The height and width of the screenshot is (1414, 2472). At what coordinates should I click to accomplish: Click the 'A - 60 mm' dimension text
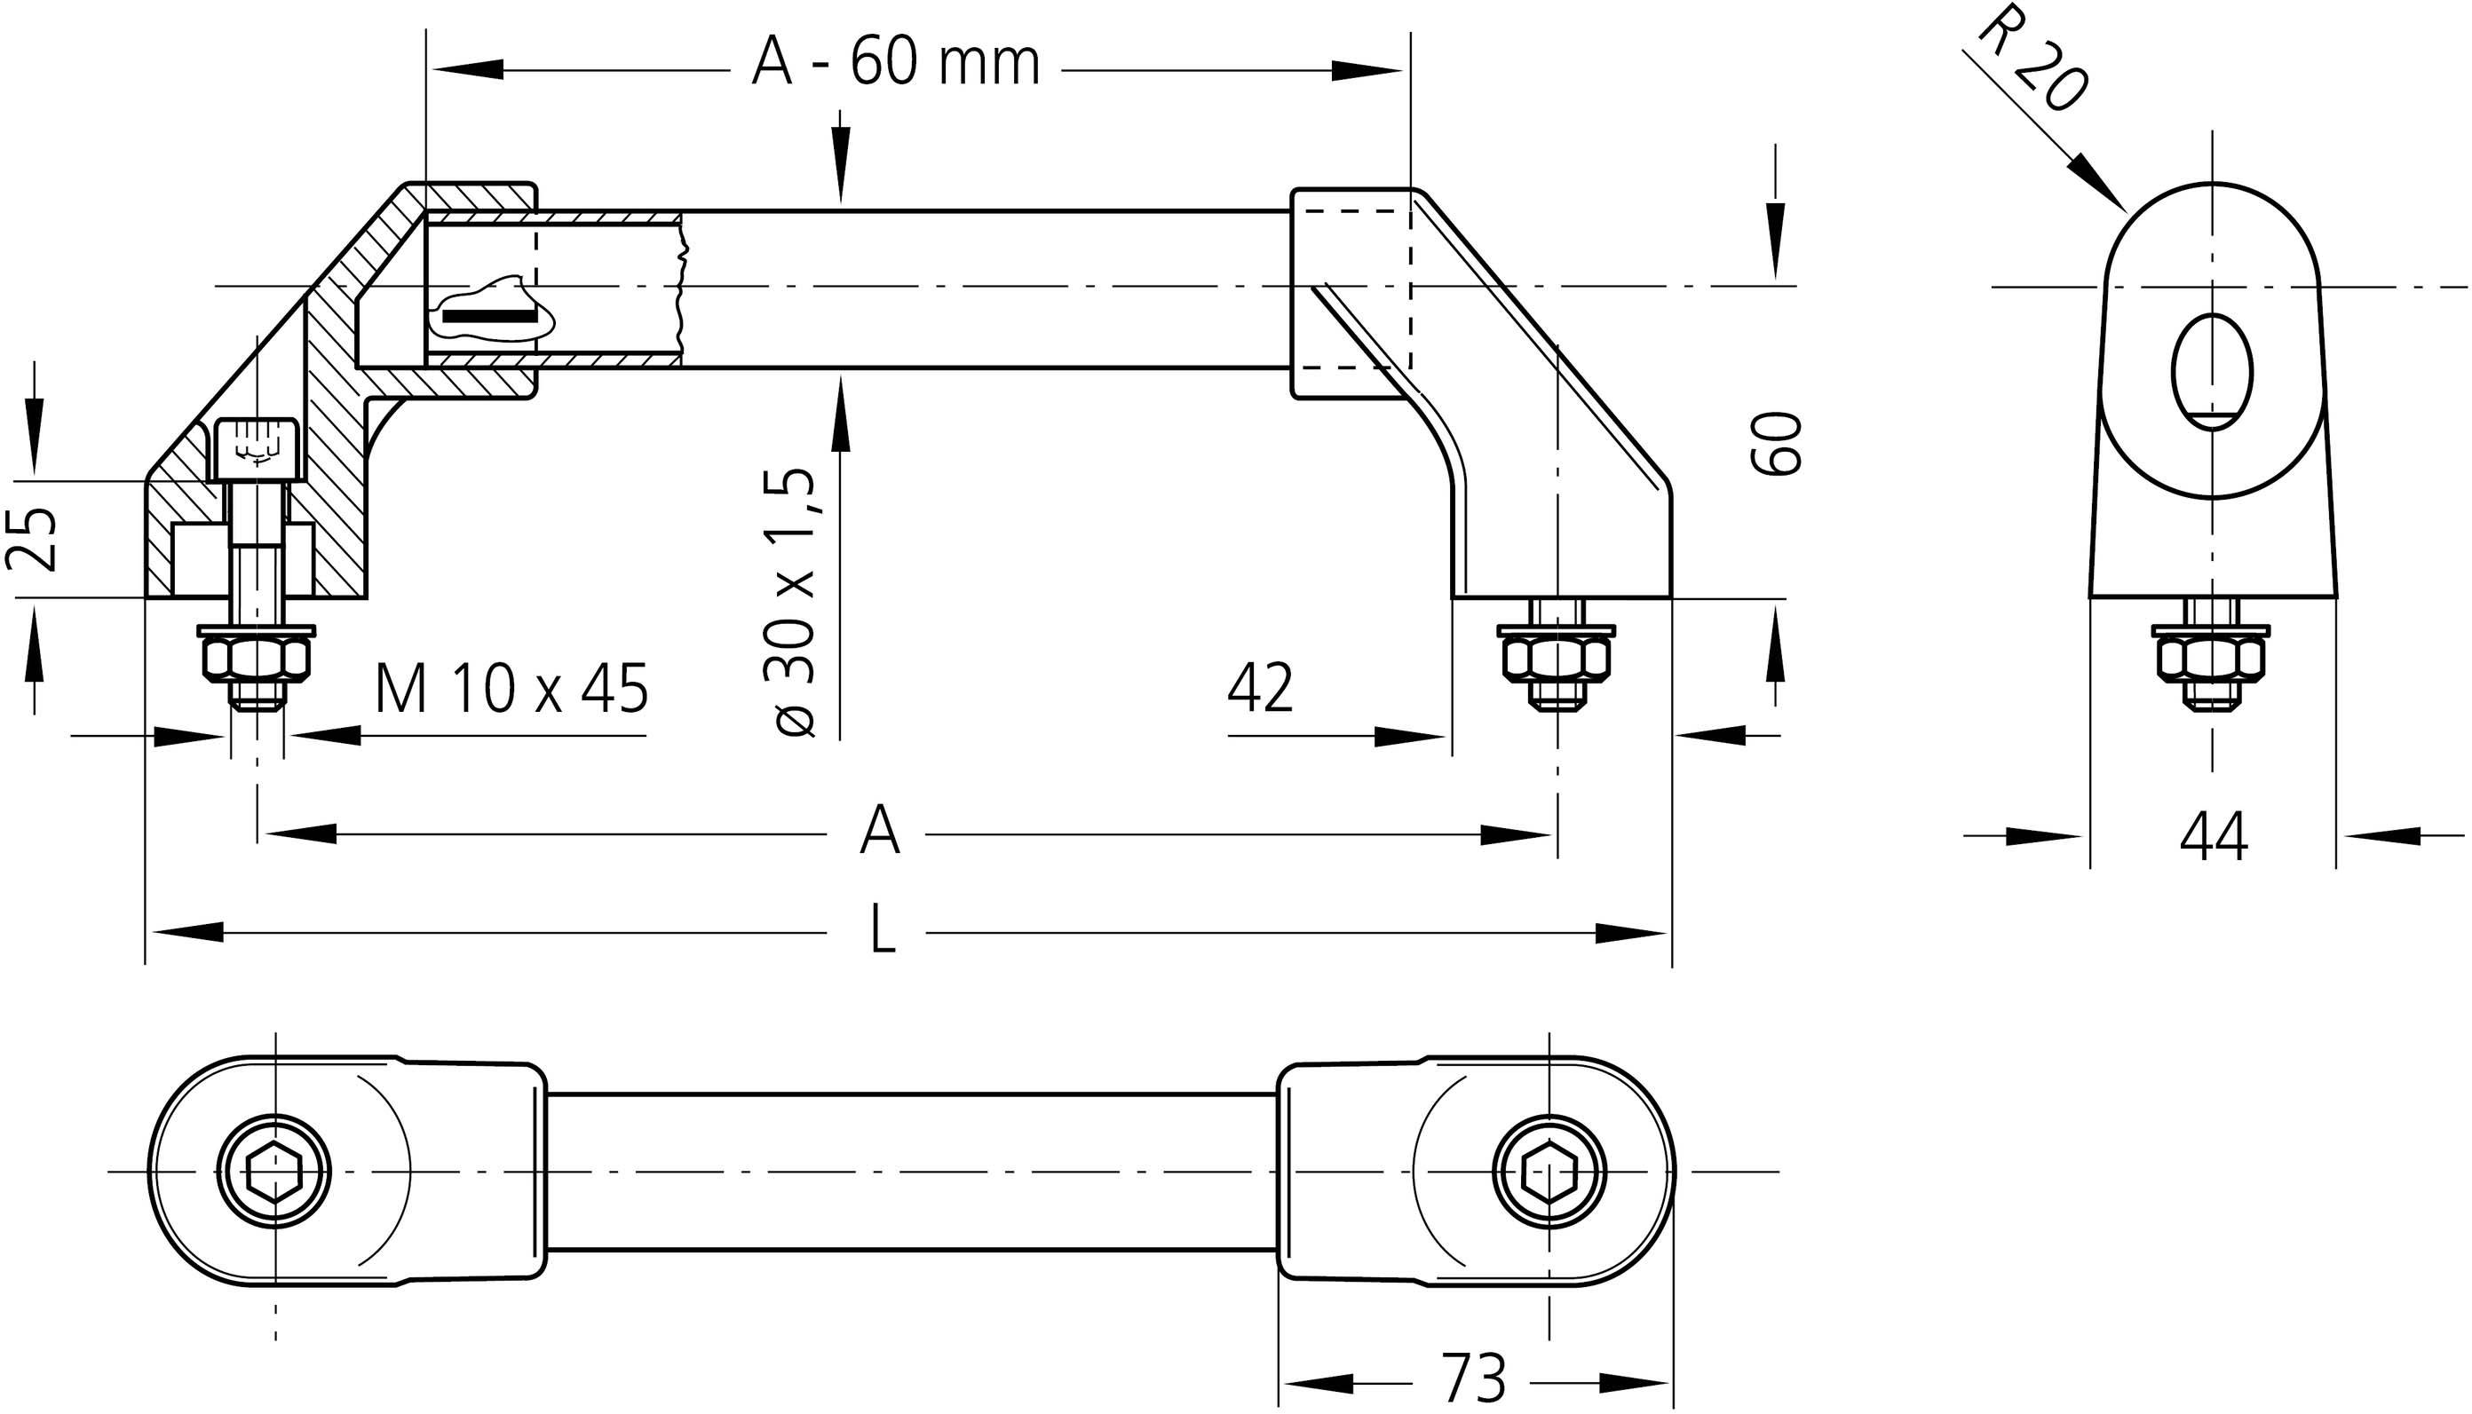coord(896,65)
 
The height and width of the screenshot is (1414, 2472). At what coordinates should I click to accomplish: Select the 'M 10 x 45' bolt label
coord(511,690)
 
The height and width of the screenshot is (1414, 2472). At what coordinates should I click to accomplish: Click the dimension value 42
coord(1260,690)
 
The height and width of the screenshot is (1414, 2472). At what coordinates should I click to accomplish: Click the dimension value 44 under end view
coord(2214,837)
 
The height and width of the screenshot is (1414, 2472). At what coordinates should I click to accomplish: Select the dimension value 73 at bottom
coord(1473,1377)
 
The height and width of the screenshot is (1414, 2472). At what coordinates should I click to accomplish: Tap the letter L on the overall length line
coord(882,930)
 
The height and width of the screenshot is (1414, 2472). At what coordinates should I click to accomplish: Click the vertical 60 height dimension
coord(1777,443)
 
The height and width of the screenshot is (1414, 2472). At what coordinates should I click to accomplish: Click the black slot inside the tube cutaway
coord(489,316)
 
